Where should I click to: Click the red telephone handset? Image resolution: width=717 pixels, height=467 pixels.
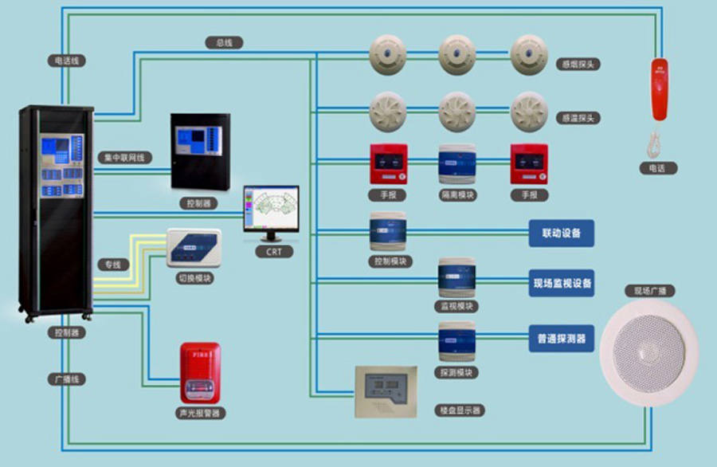coord(659,90)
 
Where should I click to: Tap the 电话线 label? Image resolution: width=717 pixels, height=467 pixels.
coord(66,61)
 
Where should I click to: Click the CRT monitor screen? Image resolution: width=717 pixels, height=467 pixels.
coord(271,208)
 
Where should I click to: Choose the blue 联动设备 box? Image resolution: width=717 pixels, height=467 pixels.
coord(561,233)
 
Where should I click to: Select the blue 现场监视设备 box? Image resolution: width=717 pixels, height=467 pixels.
coord(561,283)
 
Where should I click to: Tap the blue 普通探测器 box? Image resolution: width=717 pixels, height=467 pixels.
coord(561,338)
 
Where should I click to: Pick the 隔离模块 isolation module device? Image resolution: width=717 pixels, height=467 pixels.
coord(457,163)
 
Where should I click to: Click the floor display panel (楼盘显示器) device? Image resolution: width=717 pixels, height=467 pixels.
coord(386,390)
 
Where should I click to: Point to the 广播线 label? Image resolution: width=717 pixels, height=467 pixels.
coord(66,379)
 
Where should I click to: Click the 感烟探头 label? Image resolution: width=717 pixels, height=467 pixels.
coord(580,64)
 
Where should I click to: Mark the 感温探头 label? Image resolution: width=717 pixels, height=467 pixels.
coord(580,118)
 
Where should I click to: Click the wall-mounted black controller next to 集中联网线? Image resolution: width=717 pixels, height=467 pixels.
coord(200,151)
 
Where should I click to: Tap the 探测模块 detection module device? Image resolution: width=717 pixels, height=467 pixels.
coord(457,341)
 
